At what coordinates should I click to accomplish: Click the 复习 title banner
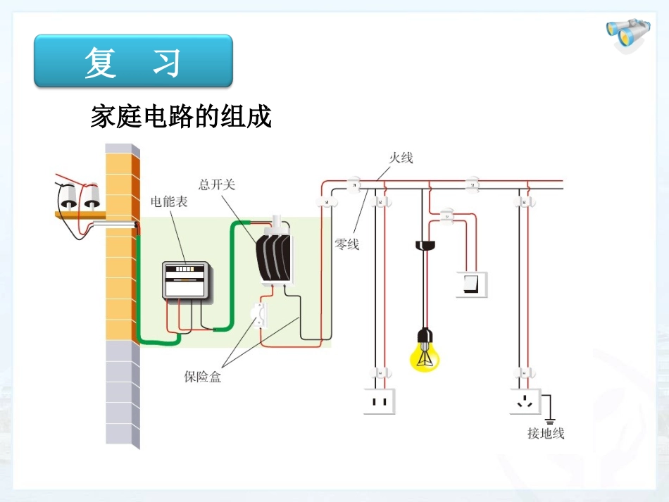click(x=133, y=61)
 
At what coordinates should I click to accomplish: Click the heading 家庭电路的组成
click(x=181, y=116)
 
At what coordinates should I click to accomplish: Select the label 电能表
click(x=169, y=201)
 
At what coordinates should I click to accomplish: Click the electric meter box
click(x=186, y=281)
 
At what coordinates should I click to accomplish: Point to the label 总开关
click(x=217, y=184)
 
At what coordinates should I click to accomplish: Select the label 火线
click(x=401, y=157)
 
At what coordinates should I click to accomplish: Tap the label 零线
click(x=346, y=244)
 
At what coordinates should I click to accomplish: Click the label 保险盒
click(x=203, y=377)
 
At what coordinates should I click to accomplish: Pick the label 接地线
click(x=546, y=434)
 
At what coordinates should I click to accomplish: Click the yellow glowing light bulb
click(x=425, y=355)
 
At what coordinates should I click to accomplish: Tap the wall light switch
click(x=471, y=283)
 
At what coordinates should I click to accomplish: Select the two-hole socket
click(x=380, y=401)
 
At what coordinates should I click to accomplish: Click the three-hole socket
click(x=525, y=401)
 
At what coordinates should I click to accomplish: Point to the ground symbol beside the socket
click(x=550, y=416)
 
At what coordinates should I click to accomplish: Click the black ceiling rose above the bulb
click(x=425, y=245)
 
